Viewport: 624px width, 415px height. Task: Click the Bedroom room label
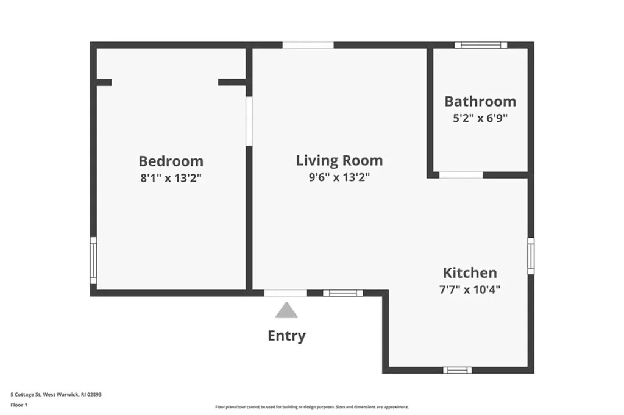point(171,161)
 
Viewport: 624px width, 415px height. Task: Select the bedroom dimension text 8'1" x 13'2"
point(171,178)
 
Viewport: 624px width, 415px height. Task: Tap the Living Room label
point(339,160)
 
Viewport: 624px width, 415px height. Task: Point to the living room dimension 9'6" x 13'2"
point(339,177)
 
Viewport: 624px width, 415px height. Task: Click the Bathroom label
point(480,101)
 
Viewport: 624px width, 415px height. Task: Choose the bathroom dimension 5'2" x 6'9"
point(480,118)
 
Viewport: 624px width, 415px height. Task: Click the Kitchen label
point(469,272)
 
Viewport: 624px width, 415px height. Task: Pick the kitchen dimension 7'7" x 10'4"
point(469,289)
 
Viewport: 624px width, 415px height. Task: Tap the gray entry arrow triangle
point(286,311)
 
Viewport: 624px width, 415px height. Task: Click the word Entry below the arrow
point(286,336)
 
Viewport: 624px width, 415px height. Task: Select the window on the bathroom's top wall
point(481,44)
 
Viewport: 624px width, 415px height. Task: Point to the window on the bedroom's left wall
point(93,260)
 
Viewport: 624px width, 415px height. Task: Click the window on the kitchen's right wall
point(531,256)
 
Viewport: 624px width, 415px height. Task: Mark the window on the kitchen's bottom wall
point(457,370)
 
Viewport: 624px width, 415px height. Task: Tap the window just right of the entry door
point(342,293)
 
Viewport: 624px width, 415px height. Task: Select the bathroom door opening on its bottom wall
point(461,175)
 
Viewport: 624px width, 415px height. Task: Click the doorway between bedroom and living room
point(249,120)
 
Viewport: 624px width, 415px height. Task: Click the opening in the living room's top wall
point(308,44)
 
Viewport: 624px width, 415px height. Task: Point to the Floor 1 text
point(19,404)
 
